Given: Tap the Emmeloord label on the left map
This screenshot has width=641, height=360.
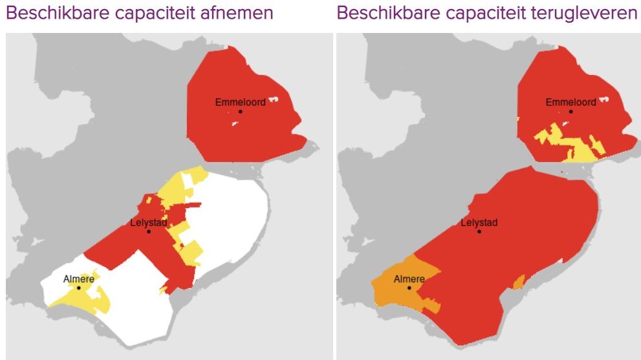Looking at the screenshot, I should click(x=240, y=102).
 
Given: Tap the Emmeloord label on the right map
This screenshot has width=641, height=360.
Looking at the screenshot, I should click(x=570, y=102).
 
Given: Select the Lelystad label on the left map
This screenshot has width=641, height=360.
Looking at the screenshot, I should click(x=149, y=223).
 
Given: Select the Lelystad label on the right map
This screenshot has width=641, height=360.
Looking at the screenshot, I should click(x=479, y=223).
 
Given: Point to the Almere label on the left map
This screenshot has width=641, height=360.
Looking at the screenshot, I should click(x=79, y=279).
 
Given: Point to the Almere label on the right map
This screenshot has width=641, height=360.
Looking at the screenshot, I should click(x=409, y=279).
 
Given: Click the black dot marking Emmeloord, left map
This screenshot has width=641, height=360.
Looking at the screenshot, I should click(x=240, y=111).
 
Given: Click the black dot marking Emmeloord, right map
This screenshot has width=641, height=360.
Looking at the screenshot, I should click(x=570, y=111).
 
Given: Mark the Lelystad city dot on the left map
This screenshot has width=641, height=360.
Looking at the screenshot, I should click(x=149, y=231).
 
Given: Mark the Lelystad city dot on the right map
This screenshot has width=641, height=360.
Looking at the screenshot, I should click(x=479, y=231).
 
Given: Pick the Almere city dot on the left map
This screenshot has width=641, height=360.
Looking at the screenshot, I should click(x=79, y=288).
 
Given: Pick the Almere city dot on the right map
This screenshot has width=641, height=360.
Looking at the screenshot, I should click(x=409, y=288).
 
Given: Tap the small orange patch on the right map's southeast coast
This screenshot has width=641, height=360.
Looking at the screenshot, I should click(x=518, y=282).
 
